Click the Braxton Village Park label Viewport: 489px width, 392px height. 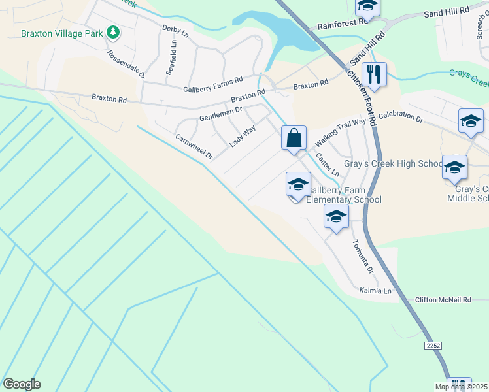click(x=63, y=33)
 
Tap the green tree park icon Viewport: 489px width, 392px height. click(x=113, y=31)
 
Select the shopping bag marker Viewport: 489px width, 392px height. click(x=294, y=139)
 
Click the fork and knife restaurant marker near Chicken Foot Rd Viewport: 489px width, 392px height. click(x=374, y=74)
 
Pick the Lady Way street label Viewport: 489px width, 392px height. click(x=242, y=136)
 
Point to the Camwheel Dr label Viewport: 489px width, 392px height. click(x=194, y=147)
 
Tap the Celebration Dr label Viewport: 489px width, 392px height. click(x=401, y=117)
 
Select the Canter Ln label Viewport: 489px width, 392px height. click(x=328, y=164)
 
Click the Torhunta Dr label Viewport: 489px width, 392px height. click(x=362, y=256)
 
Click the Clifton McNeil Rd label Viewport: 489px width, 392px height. click(x=443, y=301)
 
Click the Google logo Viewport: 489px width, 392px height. click(x=22, y=384)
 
